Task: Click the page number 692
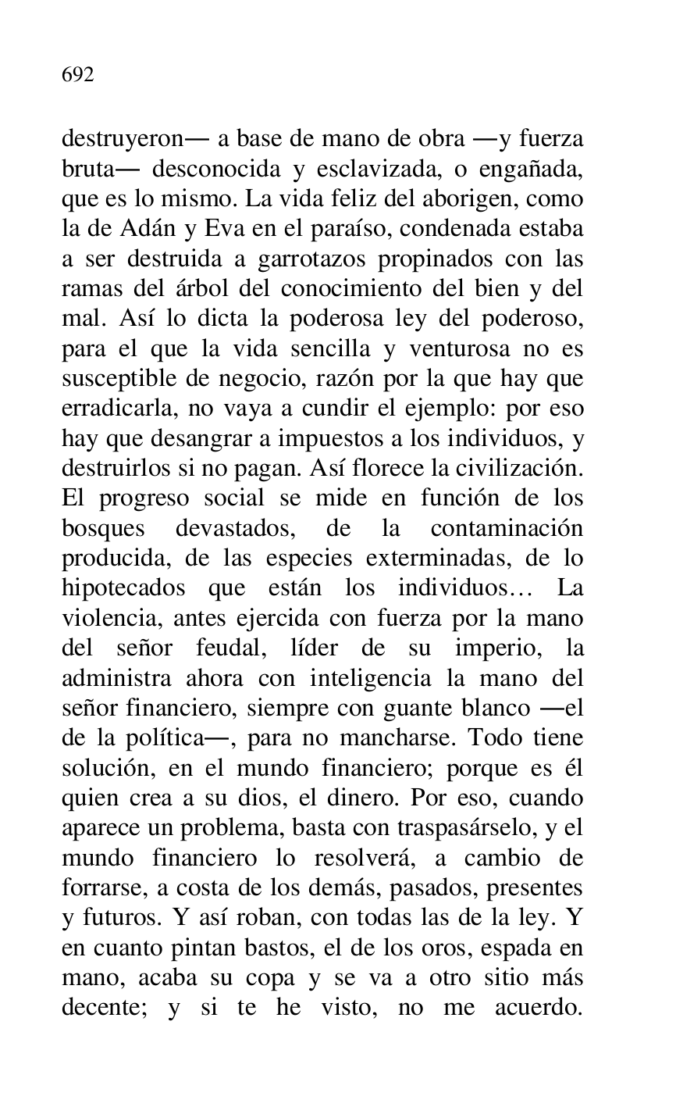click(78, 76)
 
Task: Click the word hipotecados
click(124, 587)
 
